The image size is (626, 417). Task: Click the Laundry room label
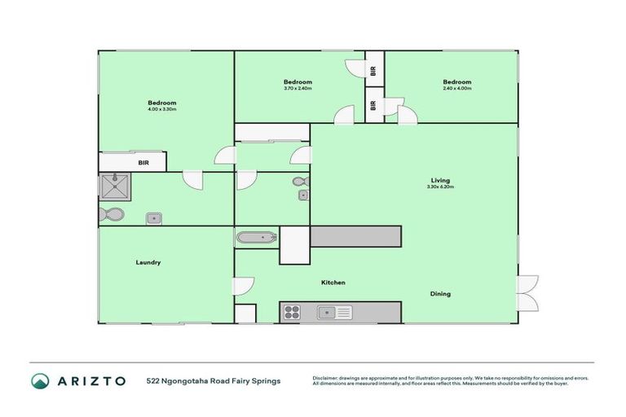point(148,262)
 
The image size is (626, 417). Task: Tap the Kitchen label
point(333,283)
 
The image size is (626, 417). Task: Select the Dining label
point(440,294)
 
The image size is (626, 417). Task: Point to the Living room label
point(440,180)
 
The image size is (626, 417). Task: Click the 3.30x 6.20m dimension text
point(440,187)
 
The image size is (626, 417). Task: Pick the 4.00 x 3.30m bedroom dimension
point(161,109)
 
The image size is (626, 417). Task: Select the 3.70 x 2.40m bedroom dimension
point(298,88)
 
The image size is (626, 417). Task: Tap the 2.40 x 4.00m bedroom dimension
point(456,88)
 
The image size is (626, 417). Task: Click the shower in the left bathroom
point(116,188)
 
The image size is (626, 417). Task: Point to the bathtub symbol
point(257,239)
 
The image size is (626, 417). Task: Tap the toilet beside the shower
point(111,215)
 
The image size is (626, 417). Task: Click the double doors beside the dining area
point(527,292)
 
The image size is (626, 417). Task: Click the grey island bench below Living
point(355,236)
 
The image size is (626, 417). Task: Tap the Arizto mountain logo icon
point(41,381)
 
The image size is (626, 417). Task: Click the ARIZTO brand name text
point(90,381)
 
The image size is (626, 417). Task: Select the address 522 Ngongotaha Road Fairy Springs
point(214,381)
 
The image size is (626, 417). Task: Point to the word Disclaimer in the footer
point(327,378)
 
